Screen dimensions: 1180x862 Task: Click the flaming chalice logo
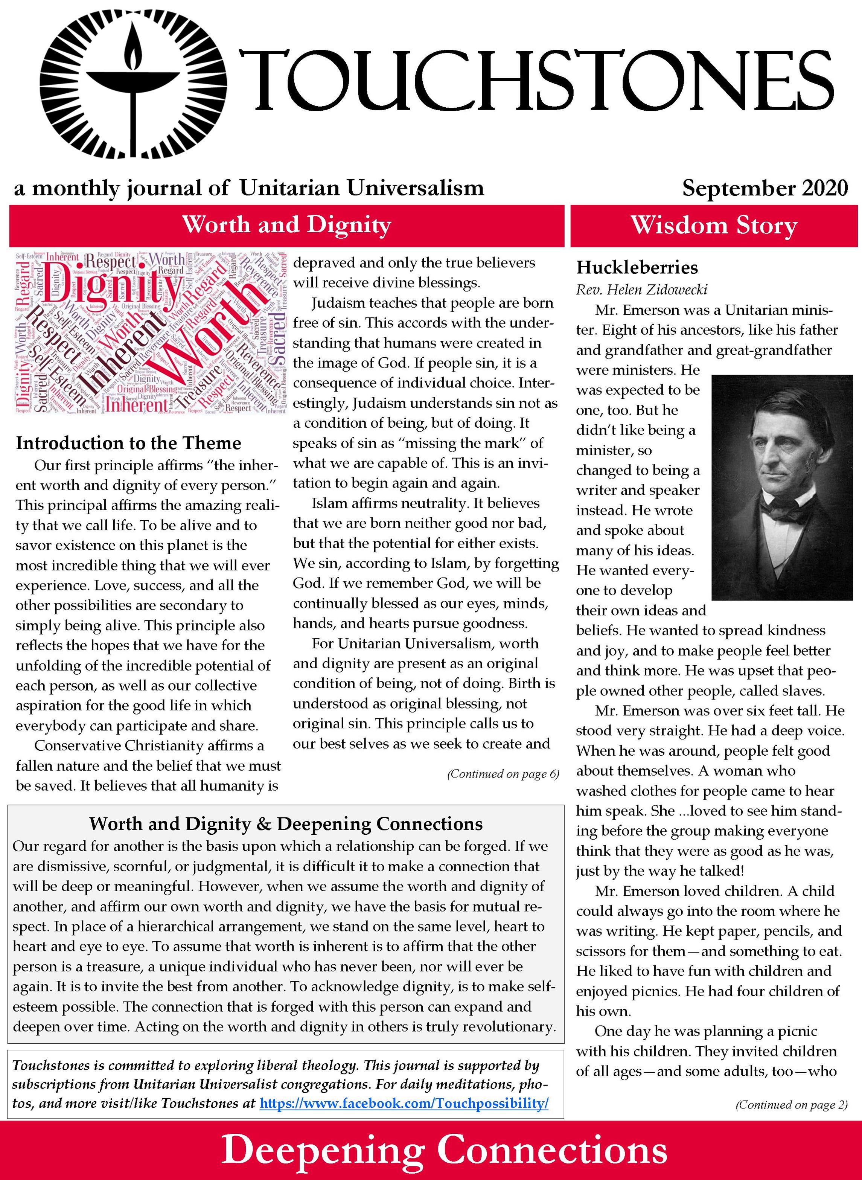click(x=133, y=89)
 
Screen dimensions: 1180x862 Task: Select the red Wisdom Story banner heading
click(x=714, y=226)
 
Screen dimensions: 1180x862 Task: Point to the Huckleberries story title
click(x=637, y=267)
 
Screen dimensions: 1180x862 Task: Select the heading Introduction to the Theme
click(x=128, y=443)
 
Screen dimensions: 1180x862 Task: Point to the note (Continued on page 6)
click(x=503, y=773)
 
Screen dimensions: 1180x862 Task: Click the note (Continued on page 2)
click(x=791, y=1104)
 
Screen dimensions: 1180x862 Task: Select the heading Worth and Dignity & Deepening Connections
click(x=286, y=823)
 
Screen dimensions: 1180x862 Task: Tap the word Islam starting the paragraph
click(x=326, y=503)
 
